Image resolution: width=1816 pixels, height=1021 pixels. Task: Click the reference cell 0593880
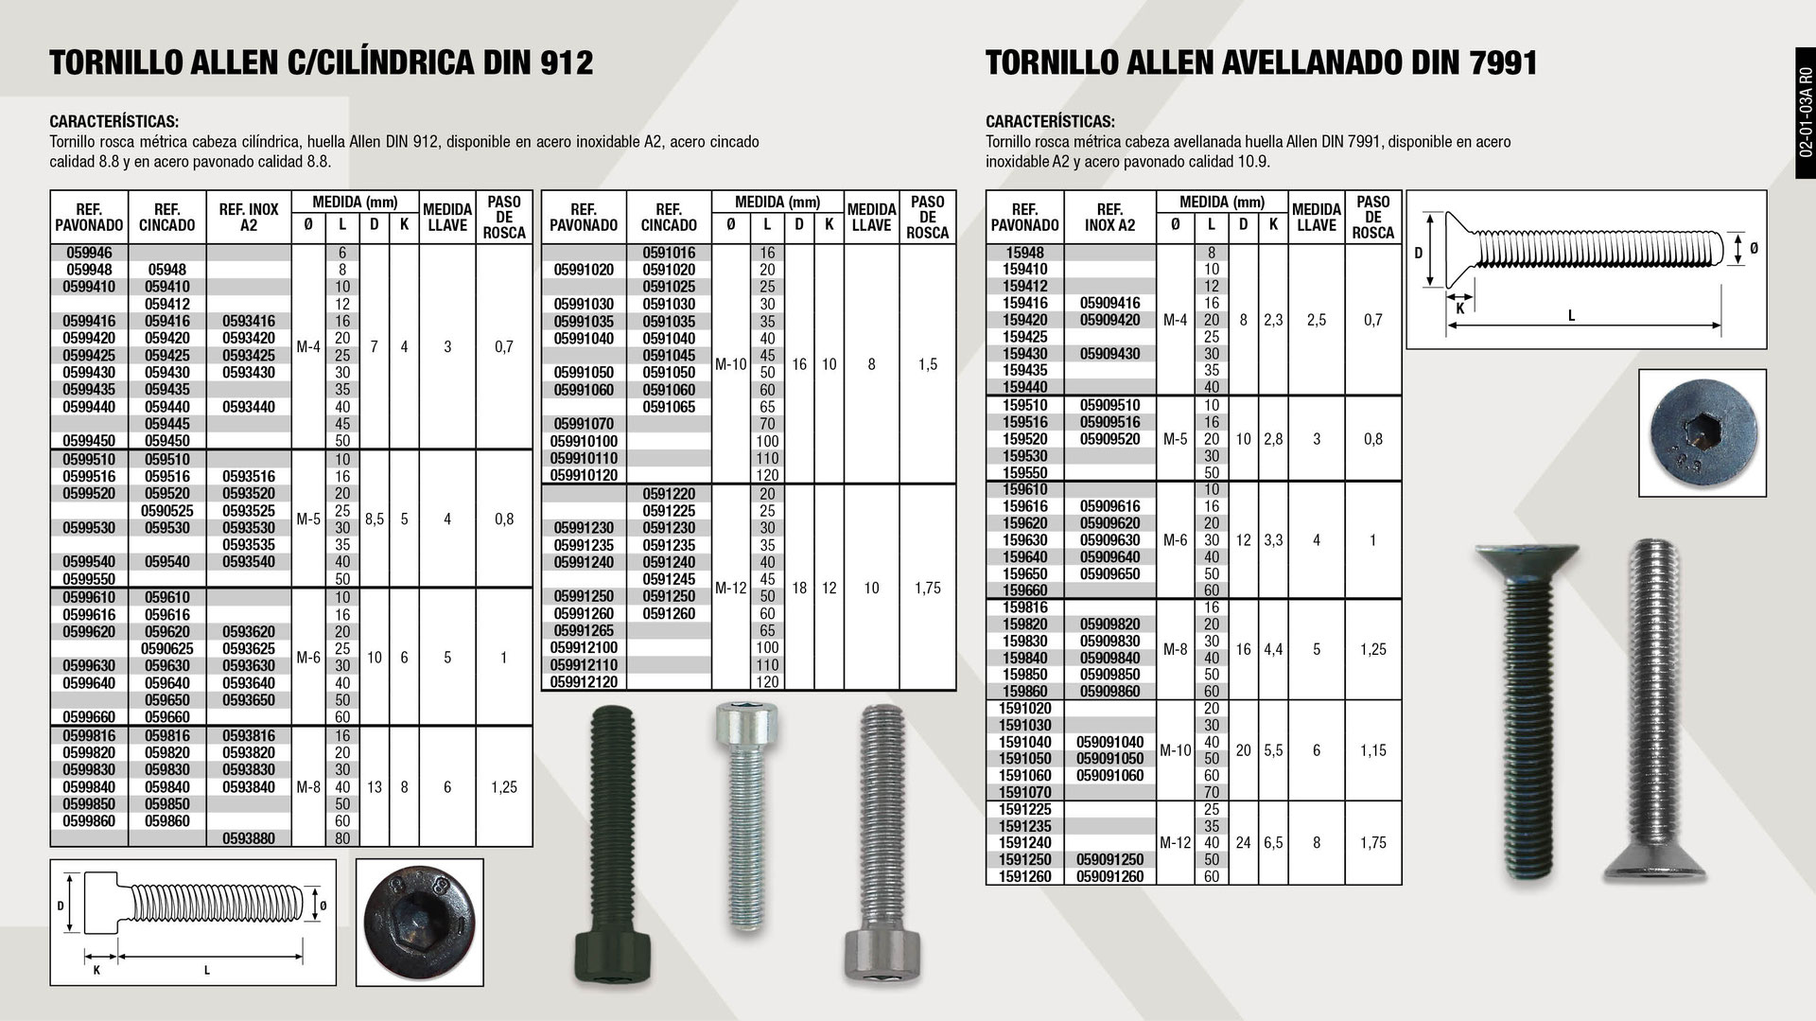pos(249,838)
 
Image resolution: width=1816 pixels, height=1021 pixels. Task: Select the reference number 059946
pos(88,253)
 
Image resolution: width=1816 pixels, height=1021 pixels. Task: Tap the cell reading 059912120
pos(584,681)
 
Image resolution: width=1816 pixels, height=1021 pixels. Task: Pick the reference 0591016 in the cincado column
pos(669,253)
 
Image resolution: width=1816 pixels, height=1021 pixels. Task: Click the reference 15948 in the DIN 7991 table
pos(1024,253)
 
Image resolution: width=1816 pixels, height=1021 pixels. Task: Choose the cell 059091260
pos(1109,876)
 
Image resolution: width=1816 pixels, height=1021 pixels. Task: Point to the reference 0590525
pos(166,511)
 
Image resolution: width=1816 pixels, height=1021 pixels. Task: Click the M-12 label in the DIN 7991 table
pos(1175,843)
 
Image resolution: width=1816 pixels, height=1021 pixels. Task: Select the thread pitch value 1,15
pos(1372,750)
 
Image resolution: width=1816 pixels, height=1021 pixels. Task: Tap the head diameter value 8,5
pos(375,519)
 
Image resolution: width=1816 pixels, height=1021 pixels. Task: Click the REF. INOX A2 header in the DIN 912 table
pos(249,218)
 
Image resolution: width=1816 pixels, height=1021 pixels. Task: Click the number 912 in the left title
pos(566,62)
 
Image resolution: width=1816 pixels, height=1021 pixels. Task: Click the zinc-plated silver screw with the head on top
pos(747,814)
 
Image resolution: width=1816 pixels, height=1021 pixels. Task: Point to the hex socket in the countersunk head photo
pos(1702,433)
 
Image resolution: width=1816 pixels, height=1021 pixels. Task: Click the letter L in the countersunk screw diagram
pos(1572,316)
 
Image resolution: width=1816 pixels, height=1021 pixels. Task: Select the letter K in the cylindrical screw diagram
pos(96,970)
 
